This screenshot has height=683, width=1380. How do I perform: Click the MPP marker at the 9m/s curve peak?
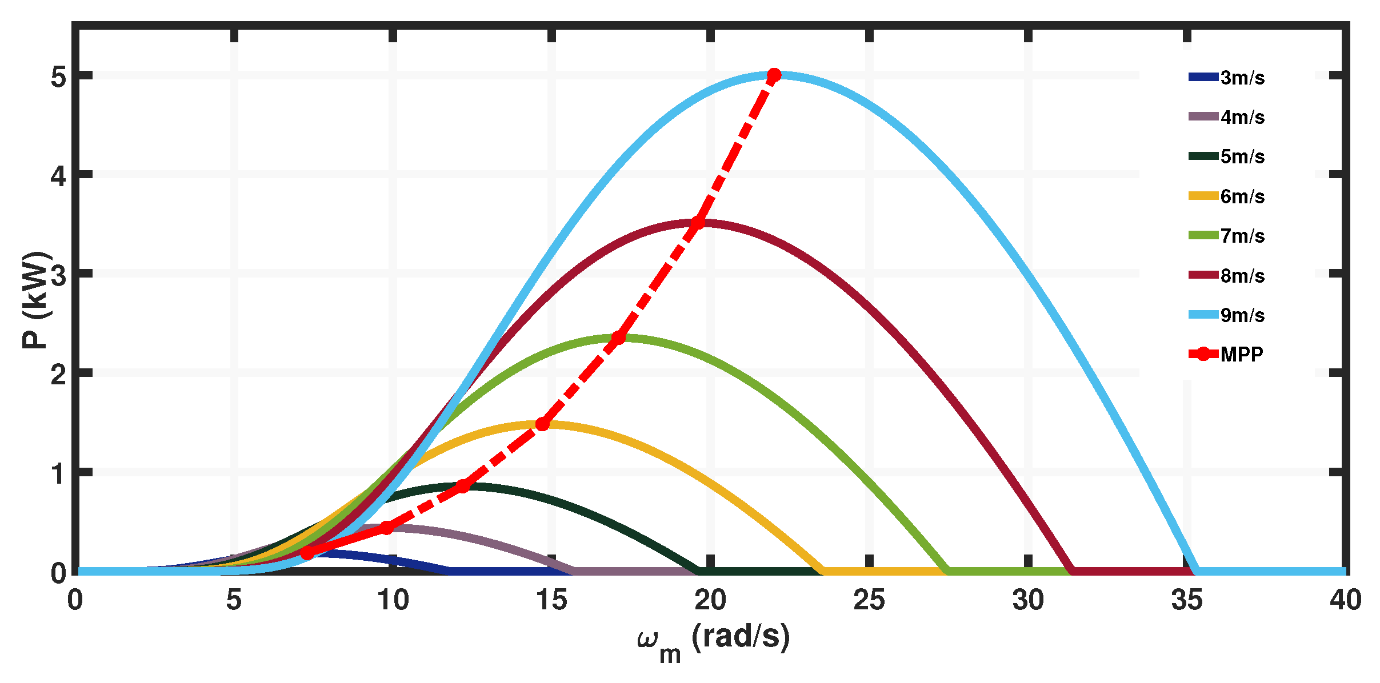(774, 75)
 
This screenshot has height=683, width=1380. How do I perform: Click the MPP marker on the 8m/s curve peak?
(698, 222)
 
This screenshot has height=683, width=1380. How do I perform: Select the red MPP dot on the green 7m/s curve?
(618, 338)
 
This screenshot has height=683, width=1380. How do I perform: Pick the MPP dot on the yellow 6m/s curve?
(542, 424)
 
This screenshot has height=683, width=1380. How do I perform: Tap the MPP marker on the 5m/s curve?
(463, 486)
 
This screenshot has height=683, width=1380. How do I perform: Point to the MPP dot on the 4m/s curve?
(387, 528)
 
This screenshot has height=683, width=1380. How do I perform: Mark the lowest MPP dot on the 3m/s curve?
(307, 553)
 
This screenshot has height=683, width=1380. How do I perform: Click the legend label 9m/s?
(1242, 315)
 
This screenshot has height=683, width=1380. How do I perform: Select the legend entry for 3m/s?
(1242, 78)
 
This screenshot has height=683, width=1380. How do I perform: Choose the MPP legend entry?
(1241, 355)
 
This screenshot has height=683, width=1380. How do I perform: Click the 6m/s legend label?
(1242, 196)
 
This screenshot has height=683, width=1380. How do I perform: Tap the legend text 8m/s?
(1242, 276)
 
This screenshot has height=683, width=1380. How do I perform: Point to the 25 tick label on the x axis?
(869, 600)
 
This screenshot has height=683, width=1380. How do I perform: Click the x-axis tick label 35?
(1187, 600)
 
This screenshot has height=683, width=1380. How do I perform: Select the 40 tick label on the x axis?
(1345, 600)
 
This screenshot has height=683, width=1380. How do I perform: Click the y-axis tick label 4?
(59, 175)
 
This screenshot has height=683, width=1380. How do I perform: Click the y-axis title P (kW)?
(35, 300)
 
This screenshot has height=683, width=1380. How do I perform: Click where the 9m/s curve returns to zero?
(1196, 570)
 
